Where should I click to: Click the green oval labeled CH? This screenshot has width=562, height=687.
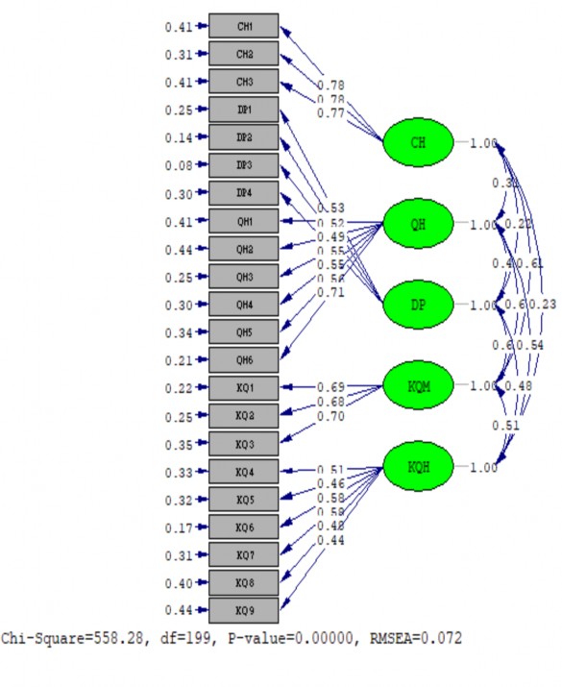tap(418, 144)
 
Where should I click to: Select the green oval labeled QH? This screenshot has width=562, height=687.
tap(418, 225)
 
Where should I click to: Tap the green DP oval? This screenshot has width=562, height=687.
tap(418, 306)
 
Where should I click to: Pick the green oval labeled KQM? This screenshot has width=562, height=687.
tap(418, 386)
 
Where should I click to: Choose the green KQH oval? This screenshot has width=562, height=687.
tap(418, 467)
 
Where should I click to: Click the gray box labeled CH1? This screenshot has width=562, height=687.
tap(244, 26)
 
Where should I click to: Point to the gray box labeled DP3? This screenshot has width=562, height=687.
tap(244, 165)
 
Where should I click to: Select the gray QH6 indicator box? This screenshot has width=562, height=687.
tap(244, 360)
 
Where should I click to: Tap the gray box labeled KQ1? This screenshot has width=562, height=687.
tap(244, 388)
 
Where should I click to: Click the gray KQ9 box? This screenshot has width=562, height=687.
tap(244, 610)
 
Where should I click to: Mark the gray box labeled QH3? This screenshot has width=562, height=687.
tap(244, 277)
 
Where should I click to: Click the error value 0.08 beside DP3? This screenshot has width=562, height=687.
tap(178, 165)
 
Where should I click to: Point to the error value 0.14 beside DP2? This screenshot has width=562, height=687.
tap(178, 137)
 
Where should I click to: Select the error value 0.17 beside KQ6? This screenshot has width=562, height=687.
tap(178, 527)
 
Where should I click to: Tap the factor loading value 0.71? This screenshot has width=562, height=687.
tap(330, 291)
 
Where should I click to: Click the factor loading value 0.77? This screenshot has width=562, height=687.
tap(330, 113)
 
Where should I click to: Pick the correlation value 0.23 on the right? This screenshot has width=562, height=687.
tap(543, 305)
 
